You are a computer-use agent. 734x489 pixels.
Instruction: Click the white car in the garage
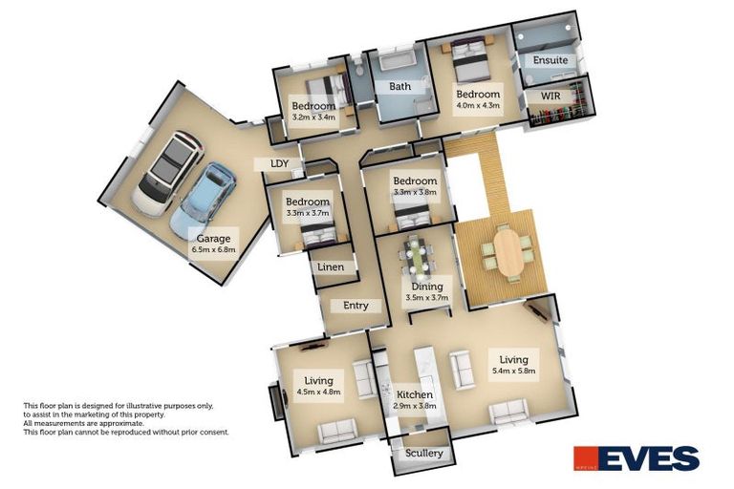164,175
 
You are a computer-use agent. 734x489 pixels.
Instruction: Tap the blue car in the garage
202,199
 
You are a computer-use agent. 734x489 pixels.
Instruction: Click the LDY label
279,164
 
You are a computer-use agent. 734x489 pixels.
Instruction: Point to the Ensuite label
550,60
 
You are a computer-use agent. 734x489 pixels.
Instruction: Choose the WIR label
550,96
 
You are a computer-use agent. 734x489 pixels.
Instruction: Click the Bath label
399,86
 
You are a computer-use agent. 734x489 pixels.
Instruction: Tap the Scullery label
423,453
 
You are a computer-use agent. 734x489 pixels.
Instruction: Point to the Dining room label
426,286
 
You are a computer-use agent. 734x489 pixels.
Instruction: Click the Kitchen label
416,394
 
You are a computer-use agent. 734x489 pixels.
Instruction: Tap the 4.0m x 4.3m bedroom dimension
477,108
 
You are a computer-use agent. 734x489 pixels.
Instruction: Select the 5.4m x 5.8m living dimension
513,371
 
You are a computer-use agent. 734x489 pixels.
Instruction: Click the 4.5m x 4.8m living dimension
318,392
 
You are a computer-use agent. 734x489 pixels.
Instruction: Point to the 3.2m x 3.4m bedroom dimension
314,117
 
